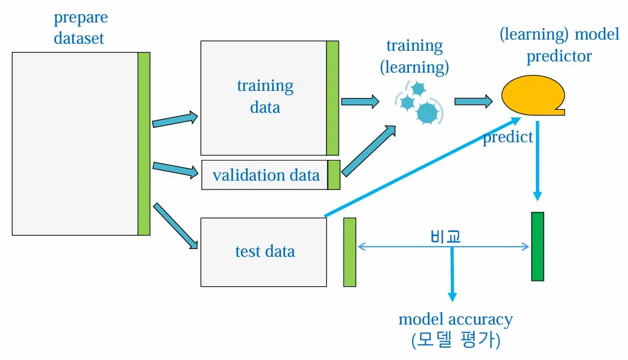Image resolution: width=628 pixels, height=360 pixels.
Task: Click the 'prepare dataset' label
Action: tap(80, 28)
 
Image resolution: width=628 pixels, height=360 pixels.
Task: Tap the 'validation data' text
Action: tap(266, 175)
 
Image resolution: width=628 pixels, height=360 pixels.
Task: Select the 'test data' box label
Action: tap(265, 251)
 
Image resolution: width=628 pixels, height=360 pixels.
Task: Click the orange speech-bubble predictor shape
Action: tap(533, 95)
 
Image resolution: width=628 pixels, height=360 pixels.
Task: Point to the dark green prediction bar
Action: tap(538, 246)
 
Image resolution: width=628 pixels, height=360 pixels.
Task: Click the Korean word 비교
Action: tap(446, 236)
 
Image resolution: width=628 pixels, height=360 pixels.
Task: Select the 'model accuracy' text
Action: tap(456, 319)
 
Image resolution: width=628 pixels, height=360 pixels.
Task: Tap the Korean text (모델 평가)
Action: tap(456, 340)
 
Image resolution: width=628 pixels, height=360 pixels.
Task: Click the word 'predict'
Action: tap(508, 138)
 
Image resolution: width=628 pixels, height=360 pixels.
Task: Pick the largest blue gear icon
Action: tap(427, 112)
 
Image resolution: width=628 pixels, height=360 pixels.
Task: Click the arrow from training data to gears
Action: tap(360, 102)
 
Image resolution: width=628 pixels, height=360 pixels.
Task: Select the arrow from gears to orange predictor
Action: tap(473, 102)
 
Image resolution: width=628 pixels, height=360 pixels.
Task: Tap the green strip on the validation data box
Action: tap(333, 175)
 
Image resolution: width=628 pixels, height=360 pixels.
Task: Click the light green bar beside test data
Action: tap(349, 252)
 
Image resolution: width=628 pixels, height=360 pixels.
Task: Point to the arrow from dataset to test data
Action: tap(175, 226)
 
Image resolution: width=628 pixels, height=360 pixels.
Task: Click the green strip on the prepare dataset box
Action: tap(144, 144)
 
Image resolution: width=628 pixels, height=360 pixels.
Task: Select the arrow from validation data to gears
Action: tap(368, 151)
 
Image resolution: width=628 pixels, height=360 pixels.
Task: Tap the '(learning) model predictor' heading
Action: tap(560, 45)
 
